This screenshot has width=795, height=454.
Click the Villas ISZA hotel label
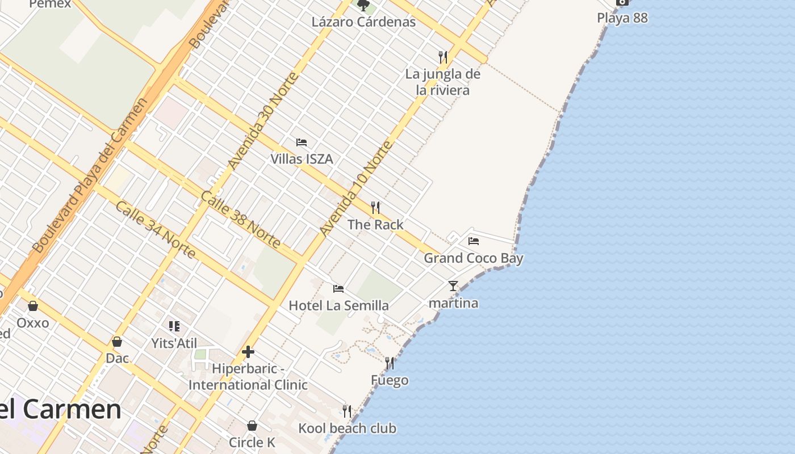302,159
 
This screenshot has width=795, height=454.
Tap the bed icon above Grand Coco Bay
474,241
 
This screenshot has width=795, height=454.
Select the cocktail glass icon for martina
453,286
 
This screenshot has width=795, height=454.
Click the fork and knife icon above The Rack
375,208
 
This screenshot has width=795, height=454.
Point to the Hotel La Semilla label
339,305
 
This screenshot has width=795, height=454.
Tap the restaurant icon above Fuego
390,363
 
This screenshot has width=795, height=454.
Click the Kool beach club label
348,428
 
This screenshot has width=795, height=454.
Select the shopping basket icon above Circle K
252,426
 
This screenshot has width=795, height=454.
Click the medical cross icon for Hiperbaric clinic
248,352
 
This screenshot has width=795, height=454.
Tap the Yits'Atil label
174,343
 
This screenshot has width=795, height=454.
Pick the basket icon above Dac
117,342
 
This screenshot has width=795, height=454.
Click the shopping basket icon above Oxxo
33,306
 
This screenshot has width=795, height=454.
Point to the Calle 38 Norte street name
241,220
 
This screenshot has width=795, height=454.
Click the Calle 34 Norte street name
155,229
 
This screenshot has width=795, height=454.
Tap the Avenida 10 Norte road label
356,188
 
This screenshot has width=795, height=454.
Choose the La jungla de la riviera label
442,82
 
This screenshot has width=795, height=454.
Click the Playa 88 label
622,18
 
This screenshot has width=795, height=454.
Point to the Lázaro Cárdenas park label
363,22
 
